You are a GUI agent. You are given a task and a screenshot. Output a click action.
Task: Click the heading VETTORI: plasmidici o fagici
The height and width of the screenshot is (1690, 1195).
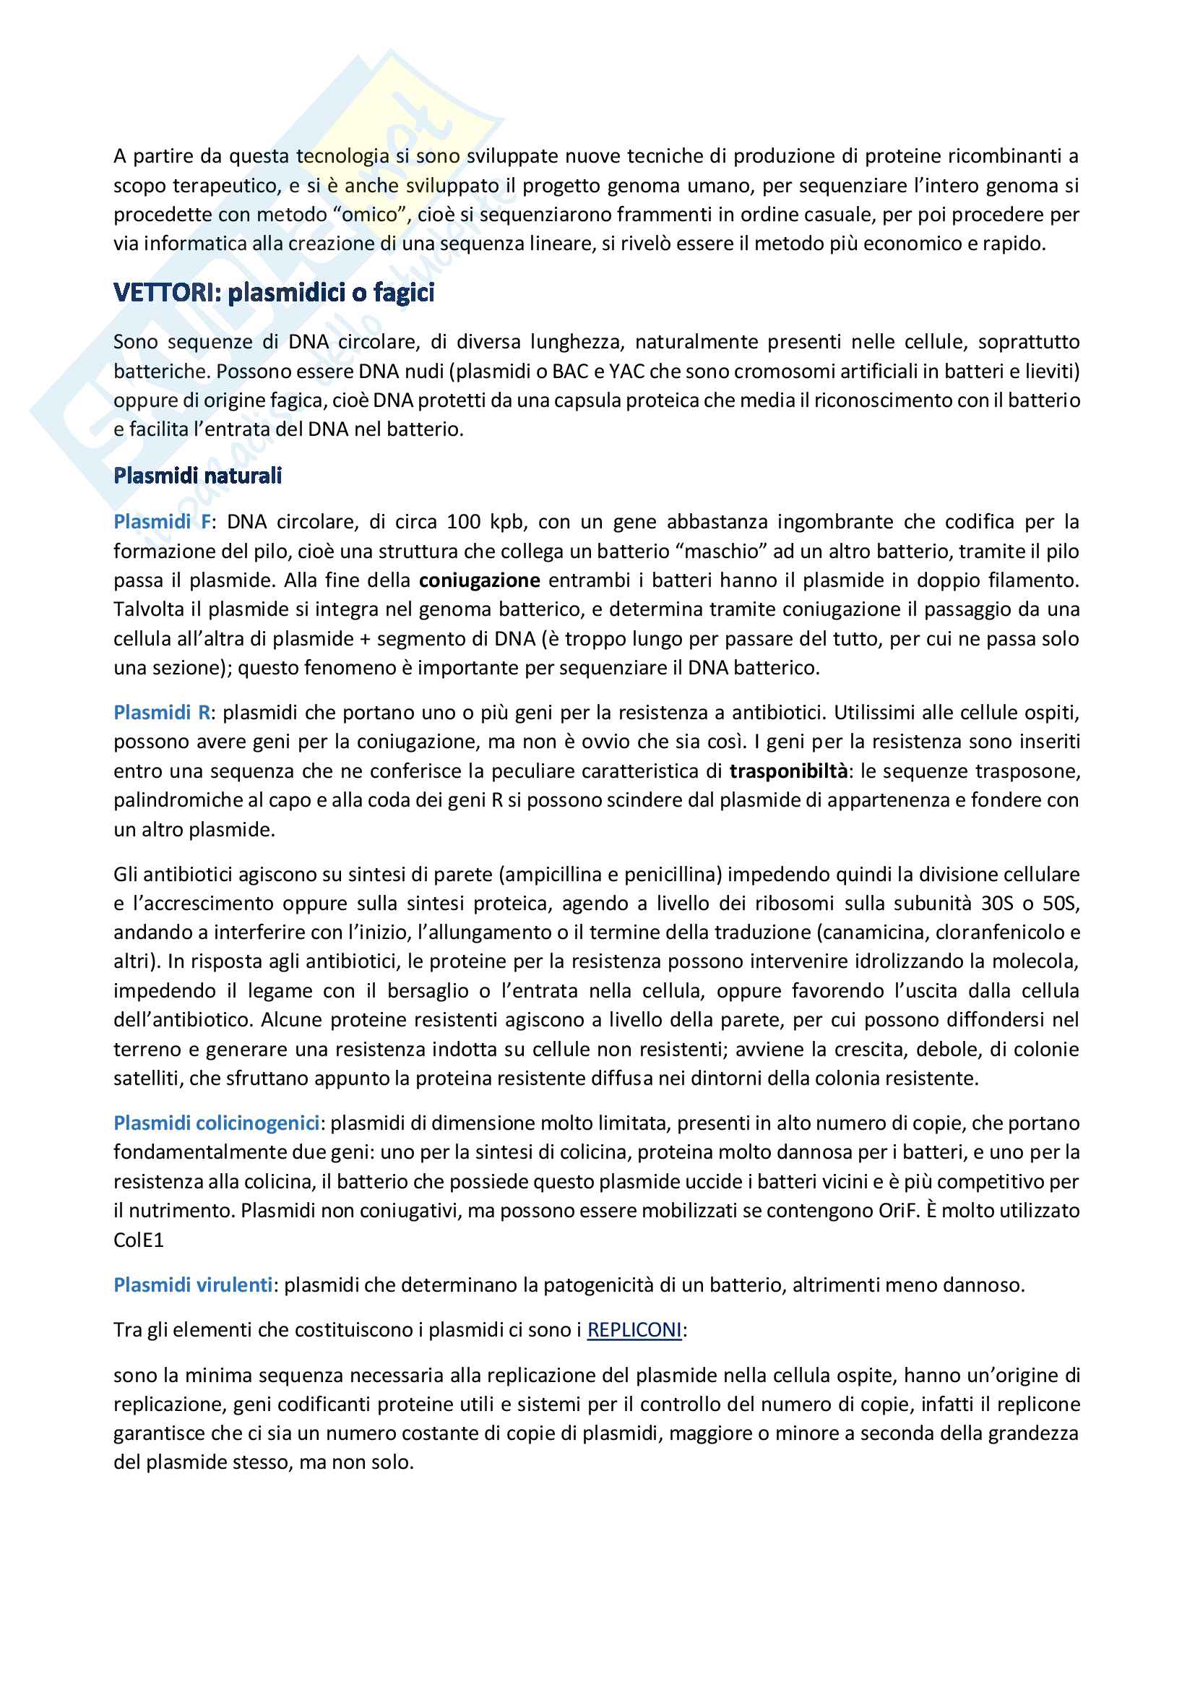[274, 293]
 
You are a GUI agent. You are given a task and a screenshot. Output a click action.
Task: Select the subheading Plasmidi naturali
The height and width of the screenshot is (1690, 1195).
[197, 476]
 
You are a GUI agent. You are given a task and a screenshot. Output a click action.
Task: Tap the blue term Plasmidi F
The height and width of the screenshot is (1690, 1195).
[162, 522]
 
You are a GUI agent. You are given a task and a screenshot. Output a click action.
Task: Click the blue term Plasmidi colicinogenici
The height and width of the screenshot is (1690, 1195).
[216, 1123]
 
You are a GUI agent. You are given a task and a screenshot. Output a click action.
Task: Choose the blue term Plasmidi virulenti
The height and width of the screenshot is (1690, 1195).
[193, 1285]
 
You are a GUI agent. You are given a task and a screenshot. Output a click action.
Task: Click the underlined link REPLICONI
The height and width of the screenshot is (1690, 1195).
[634, 1330]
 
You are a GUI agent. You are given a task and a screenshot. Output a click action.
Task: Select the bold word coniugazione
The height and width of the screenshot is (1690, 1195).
[480, 580]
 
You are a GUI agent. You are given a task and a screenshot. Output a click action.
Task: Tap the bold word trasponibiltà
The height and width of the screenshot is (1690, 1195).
[788, 771]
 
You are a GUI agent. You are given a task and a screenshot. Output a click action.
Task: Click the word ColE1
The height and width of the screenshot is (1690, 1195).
[138, 1240]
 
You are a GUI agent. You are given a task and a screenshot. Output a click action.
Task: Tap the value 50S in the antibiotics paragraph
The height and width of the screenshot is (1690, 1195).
[1061, 903]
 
